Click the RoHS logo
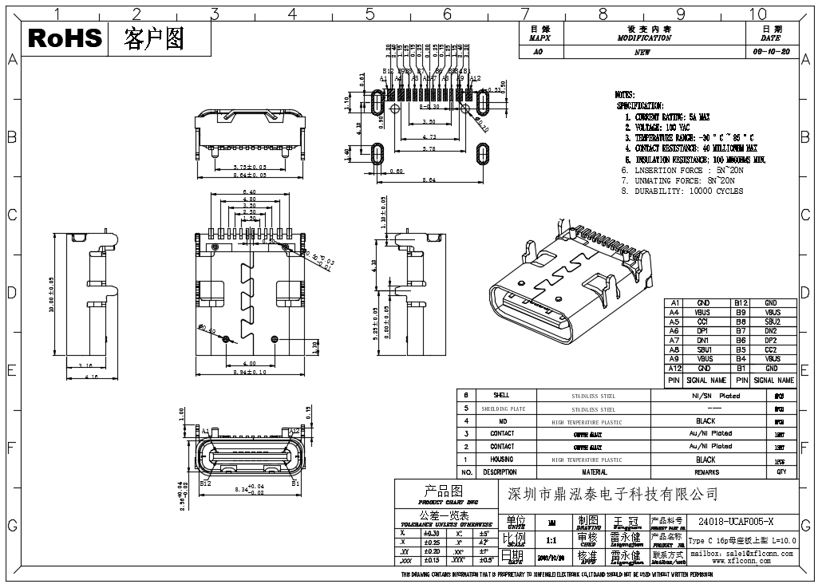(65, 37)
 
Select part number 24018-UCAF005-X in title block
(736, 521)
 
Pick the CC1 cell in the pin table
(702, 322)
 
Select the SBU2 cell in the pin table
(771, 322)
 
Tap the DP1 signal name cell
(702, 331)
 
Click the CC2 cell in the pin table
(771, 349)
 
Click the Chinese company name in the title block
(613, 495)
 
